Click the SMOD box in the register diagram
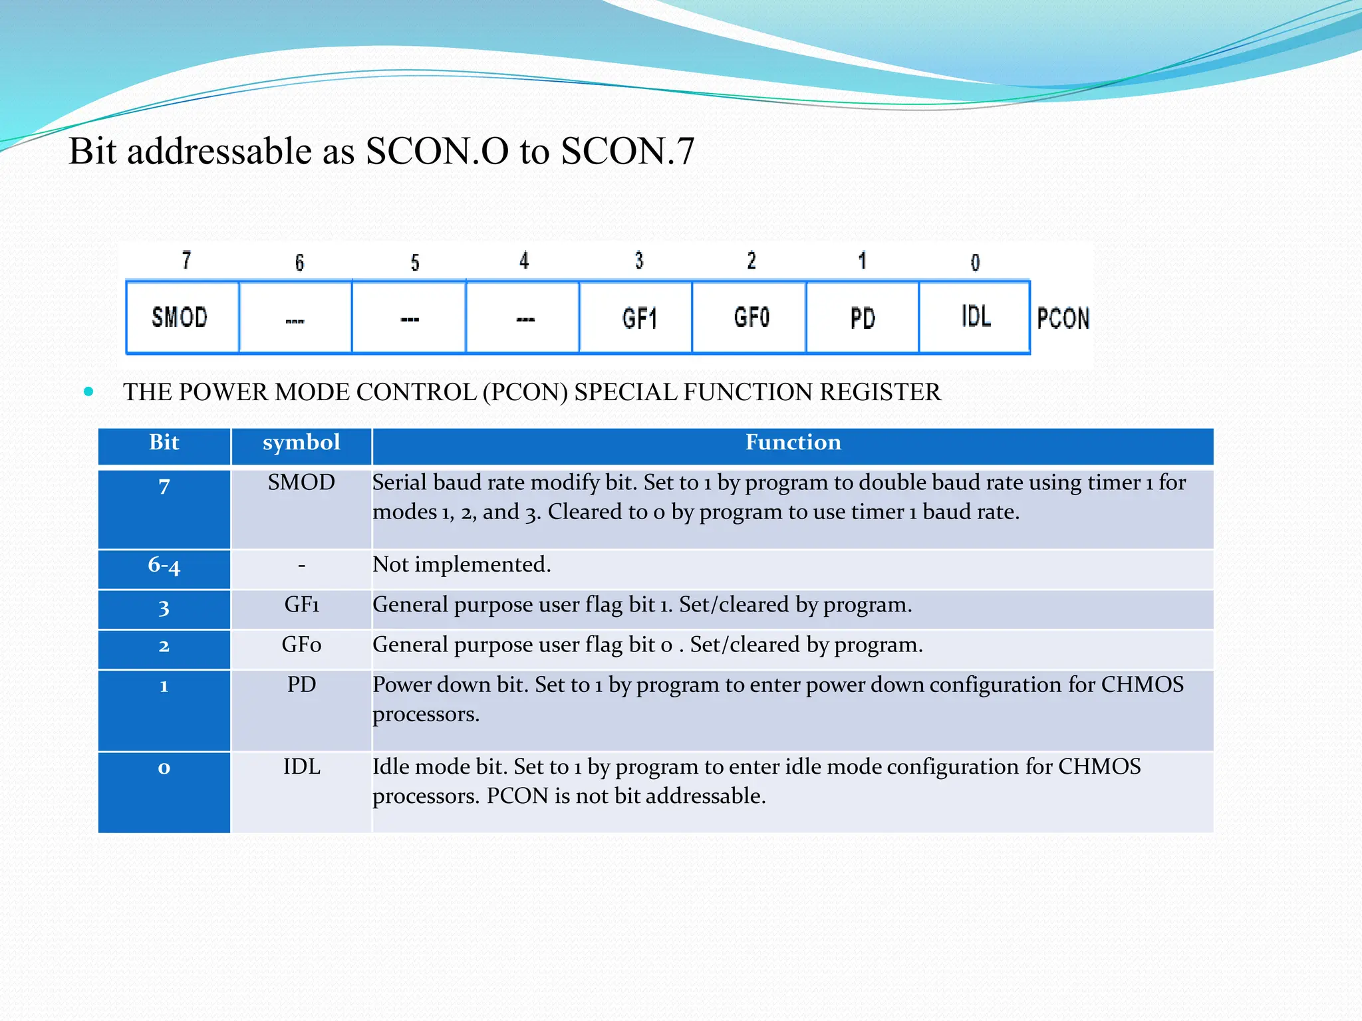tap(180, 317)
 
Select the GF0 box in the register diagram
tap(751, 317)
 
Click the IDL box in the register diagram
tap(976, 316)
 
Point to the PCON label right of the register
tap(1063, 318)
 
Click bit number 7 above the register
tap(187, 260)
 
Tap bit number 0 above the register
tap(975, 263)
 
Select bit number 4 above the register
tap(524, 261)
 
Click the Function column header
tap(793, 443)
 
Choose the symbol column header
tap(301, 443)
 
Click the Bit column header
tap(164, 443)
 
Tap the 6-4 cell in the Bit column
tap(164, 566)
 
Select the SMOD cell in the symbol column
tap(301, 483)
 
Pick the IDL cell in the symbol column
tap(301, 766)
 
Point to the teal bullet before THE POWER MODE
tap(88, 392)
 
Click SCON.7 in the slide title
tap(627, 152)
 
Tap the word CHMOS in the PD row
tap(1142, 685)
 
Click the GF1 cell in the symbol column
tap(301, 605)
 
